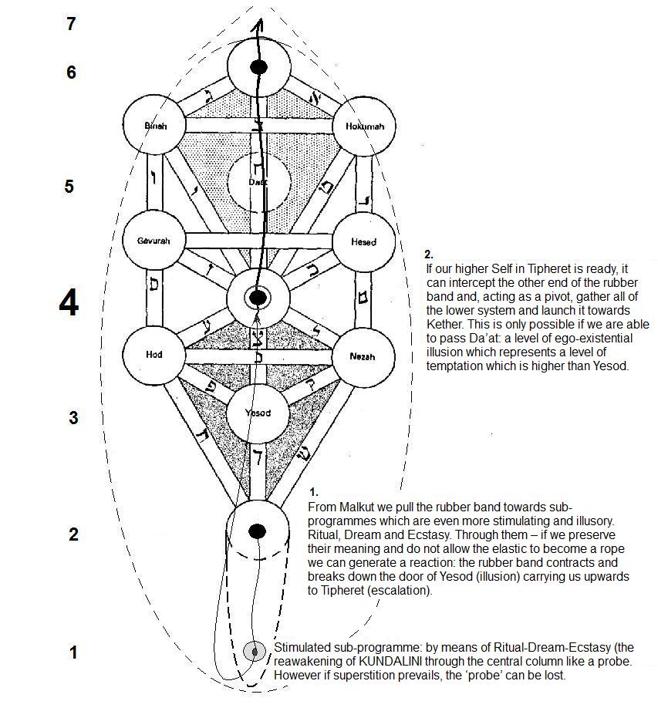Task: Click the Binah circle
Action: tap(155, 125)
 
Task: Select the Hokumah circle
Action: tap(363, 125)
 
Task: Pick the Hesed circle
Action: tap(363, 241)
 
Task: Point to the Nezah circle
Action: tap(363, 356)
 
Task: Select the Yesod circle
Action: tap(258, 413)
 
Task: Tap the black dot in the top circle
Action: tap(258, 67)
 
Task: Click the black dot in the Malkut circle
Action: tap(258, 531)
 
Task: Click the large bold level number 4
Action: tap(69, 305)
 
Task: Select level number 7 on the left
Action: tap(71, 24)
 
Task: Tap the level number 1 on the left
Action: tap(73, 653)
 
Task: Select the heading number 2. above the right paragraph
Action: tap(429, 254)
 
